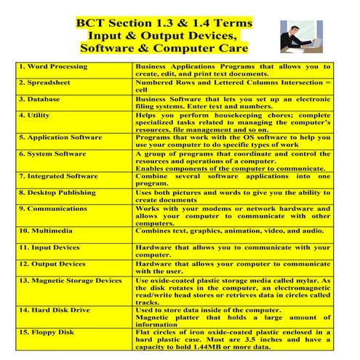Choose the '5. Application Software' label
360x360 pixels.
pyautogui.click(x=63, y=136)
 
